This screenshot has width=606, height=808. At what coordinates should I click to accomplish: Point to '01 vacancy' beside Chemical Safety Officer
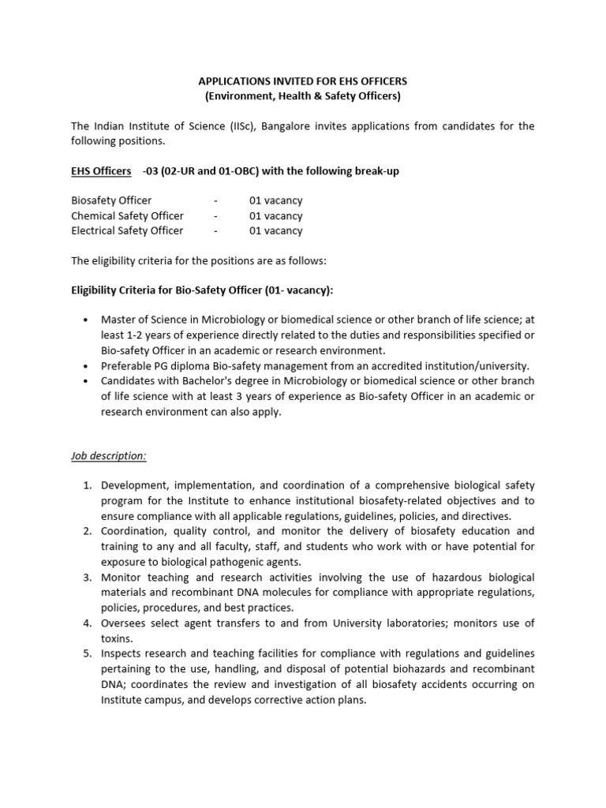click(275, 216)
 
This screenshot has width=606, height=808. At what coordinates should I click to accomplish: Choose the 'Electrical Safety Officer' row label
click(127, 231)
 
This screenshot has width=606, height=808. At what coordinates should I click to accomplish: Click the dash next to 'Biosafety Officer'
click(215, 201)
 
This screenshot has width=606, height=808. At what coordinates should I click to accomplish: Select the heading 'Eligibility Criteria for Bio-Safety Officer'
click(202, 291)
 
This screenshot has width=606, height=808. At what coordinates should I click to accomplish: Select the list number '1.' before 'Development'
click(89, 485)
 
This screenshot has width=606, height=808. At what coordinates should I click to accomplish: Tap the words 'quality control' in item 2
click(203, 531)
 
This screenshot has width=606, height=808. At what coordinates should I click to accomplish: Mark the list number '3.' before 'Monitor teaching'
click(89, 578)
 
